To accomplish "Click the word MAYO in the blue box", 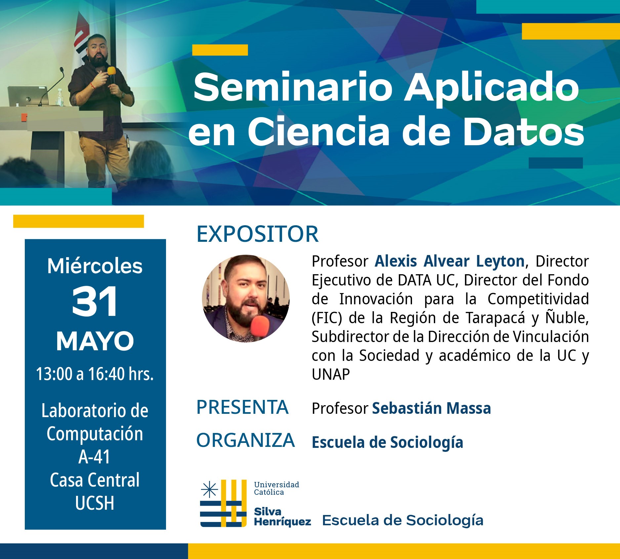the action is click(x=95, y=341).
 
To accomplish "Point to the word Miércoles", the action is click(x=95, y=266).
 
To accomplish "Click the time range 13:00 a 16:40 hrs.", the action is click(x=95, y=374).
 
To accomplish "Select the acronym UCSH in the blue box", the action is click(x=95, y=503).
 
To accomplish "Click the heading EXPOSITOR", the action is click(x=258, y=234).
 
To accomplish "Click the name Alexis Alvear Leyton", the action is click(x=450, y=261).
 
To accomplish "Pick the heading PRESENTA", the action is click(x=242, y=407).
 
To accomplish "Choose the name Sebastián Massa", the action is click(x=432, y=408).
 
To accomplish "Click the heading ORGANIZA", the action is click(x=245, y=440).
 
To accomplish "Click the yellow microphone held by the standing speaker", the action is click(x=111, y=74).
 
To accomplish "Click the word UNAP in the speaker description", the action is click(x=331, y=374).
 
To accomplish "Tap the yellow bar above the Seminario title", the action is click(x=220, y=50).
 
